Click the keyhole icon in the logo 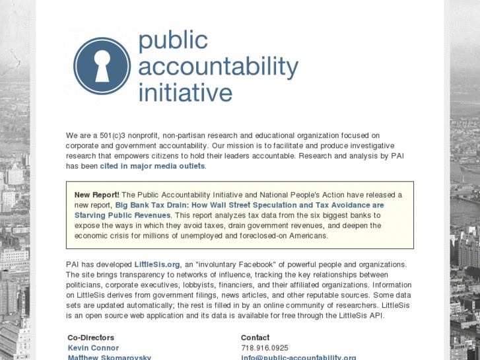coord(102,66)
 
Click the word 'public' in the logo coord(173,42)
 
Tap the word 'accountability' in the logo coord(218,67)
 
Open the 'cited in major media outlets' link coord(153,166)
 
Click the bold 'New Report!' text coord(96,195)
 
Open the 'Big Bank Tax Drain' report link coord(250,205)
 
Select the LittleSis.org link coord(157,264)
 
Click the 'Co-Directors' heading coord(91,338)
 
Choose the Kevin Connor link coord(93,347)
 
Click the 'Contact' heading coord(255,338)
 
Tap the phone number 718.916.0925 coord(265,347)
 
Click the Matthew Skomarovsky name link coord(109,357)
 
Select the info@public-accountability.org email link coord(298,357)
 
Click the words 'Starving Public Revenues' coord(122,215)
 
